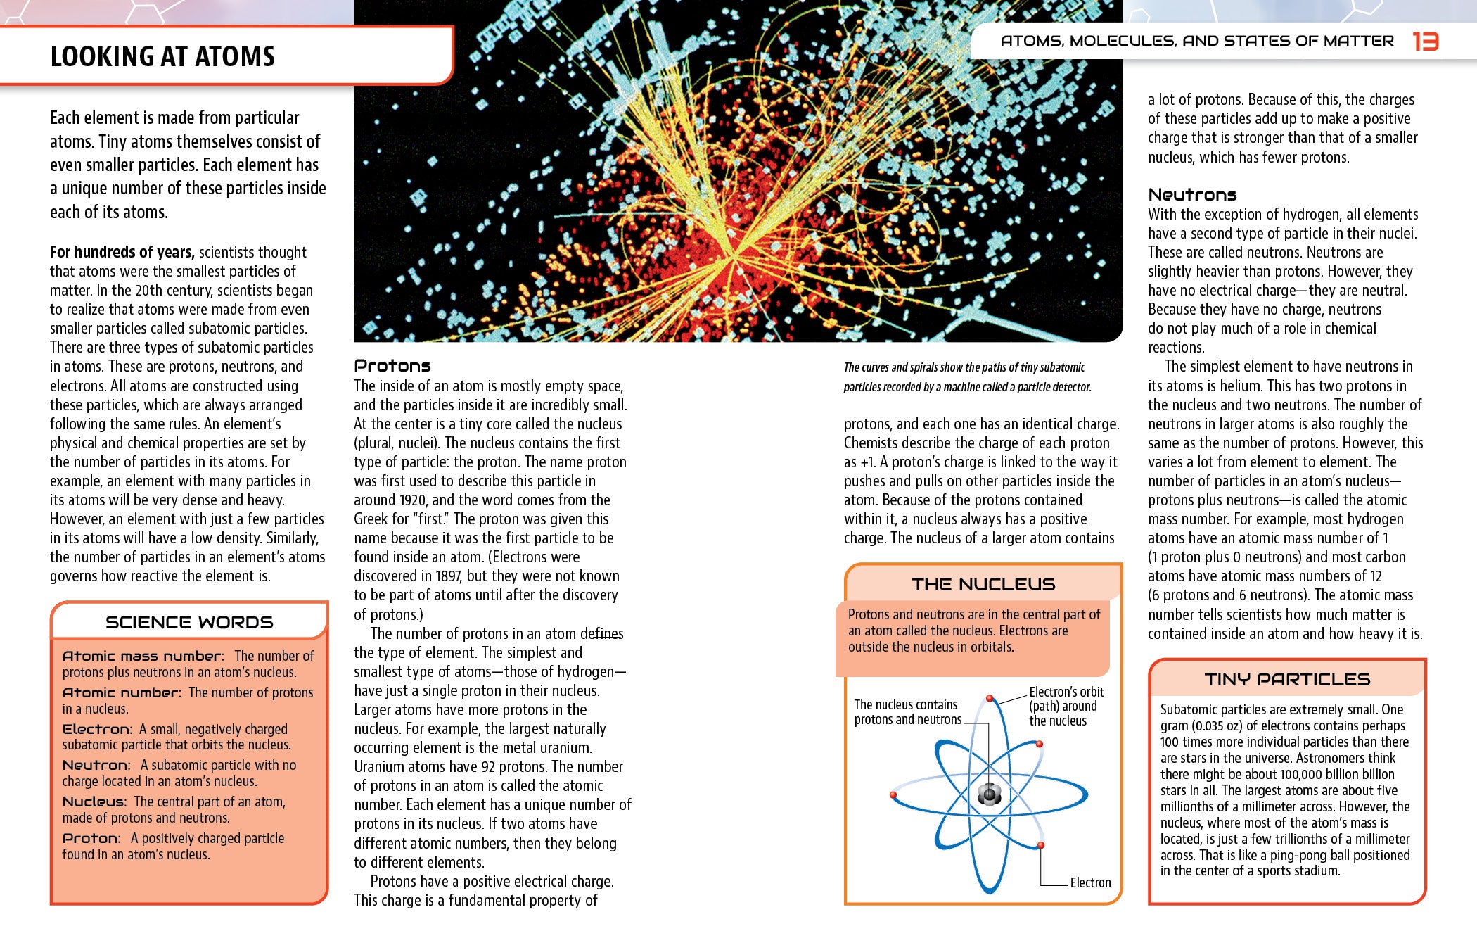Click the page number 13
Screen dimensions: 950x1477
1426,42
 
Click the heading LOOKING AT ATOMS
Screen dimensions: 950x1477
162,56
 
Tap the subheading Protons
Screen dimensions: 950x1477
392,366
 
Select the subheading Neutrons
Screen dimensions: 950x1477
1192,195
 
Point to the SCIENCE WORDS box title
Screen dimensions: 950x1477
189,622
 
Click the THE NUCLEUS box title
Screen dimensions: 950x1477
983,584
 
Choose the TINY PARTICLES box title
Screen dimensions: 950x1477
1287,679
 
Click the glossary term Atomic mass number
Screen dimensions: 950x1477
143,656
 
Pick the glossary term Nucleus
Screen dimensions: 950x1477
94,802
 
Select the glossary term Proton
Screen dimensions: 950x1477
91,838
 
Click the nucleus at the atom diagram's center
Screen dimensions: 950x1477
990,794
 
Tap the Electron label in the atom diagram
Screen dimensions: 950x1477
1090,882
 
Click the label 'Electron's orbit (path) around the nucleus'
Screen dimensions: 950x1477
1066,706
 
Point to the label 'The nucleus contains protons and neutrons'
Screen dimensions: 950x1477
907,711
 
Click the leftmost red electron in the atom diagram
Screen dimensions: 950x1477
893,795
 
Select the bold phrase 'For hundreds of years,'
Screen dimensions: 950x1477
122,252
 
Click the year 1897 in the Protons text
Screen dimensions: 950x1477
447,576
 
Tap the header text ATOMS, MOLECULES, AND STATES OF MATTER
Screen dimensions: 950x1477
1196,41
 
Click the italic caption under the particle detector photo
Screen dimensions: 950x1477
967,377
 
